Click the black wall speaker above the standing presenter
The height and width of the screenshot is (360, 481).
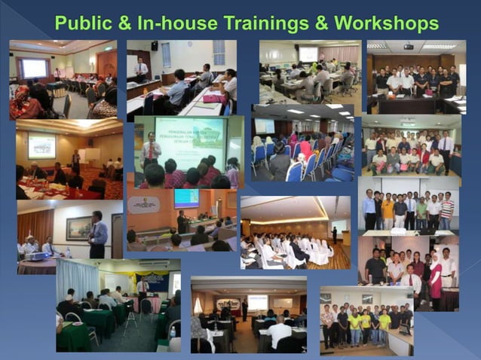coord(155,46)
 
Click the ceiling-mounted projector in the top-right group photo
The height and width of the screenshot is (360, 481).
coord(408,47)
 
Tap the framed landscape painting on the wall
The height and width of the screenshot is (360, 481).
coord(78,227)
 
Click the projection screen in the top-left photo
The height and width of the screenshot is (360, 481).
coord(35,69)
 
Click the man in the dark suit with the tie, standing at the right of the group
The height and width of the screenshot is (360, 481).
coord(446,149)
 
